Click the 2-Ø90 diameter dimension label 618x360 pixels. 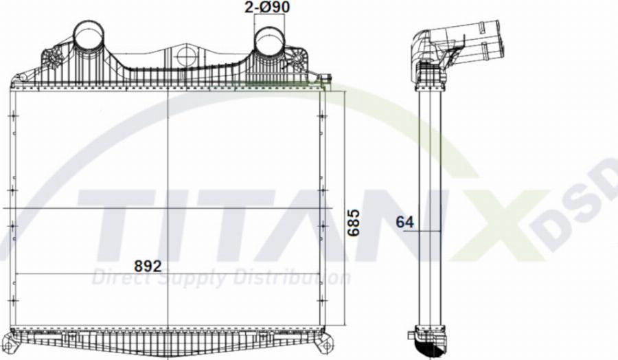[267, 8]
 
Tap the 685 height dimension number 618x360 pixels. [353, 224]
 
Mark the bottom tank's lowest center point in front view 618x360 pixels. [168, 352]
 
